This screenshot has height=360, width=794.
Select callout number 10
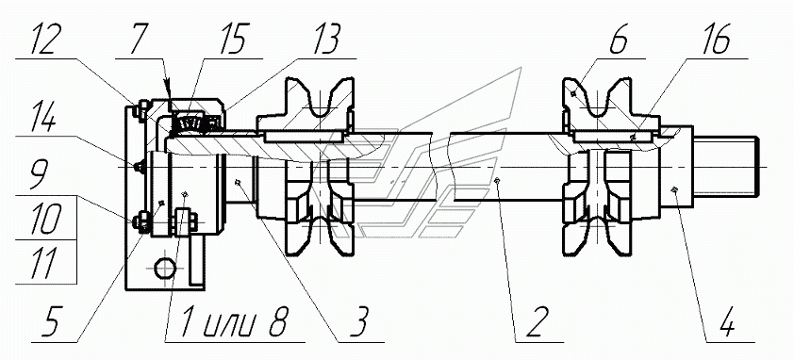[46, 221]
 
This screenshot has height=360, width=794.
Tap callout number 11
[45, 265]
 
